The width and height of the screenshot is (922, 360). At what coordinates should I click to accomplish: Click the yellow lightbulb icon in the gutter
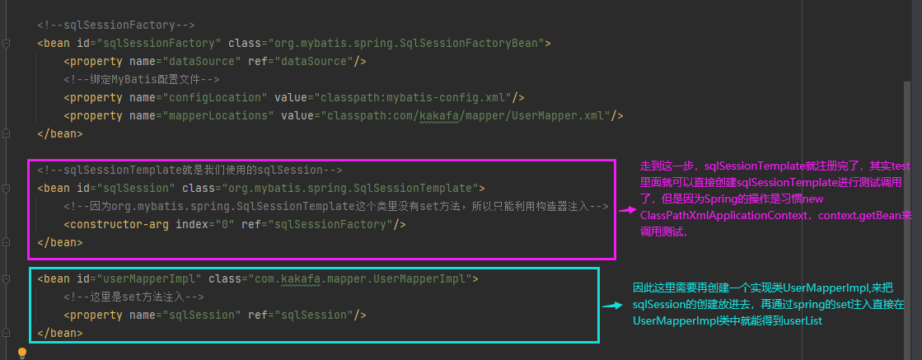[22, 353]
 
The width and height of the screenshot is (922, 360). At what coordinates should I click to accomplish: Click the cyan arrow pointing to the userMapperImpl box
[611, 305]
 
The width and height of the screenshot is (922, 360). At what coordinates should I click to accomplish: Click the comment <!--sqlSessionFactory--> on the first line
[116, 25]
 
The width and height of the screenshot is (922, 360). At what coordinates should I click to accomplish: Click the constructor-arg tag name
[115, 224]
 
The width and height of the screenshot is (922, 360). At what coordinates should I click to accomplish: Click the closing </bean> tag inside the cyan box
[59, 333]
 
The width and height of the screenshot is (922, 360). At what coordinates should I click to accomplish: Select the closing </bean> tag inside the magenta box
[59, 242]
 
